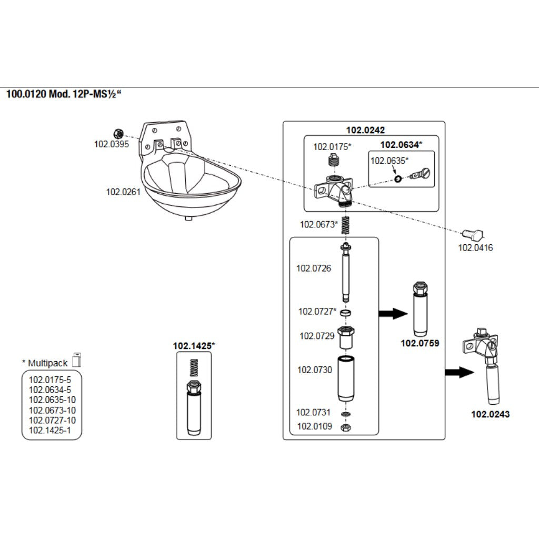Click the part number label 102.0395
[x=111, y=144]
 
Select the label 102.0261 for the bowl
[x=123, y=192]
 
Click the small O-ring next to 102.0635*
[x=398, y=179]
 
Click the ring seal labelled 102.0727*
[x=345, y=313]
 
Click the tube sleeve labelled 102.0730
[x=345, y=378]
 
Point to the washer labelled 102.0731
[x=345, y=415]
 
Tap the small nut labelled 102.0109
[x=345, y=427]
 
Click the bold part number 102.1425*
[x=194, y=346]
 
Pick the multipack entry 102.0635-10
[x=52, y=400]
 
